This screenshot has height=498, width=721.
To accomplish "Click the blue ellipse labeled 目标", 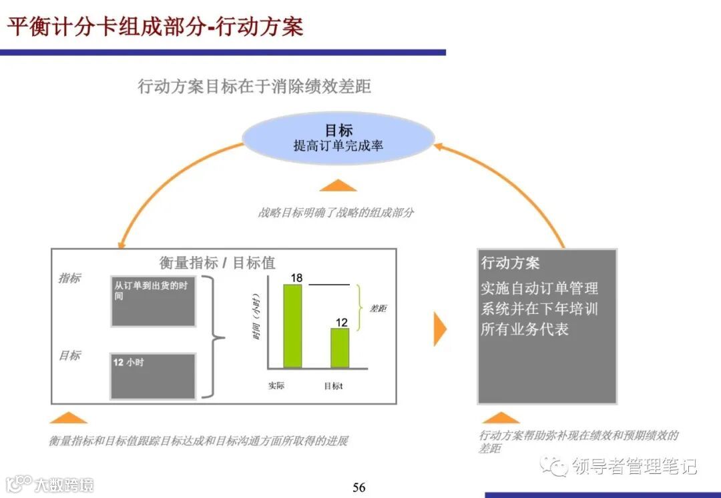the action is [x=338, y=138].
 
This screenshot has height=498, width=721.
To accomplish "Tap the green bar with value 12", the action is [x=340, y=347].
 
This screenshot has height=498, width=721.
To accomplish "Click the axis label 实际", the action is [x=276, y=386].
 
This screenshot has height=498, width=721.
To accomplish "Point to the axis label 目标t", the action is [x=333, y=386].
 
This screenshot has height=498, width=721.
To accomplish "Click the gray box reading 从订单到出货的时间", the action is [x=153, y=300].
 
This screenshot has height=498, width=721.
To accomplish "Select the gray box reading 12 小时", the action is [x=153, y=376].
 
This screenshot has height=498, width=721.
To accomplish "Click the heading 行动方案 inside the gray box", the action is [x=511, y=263].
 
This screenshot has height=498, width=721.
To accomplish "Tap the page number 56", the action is [x=359, y=487].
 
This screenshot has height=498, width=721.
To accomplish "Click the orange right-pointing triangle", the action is [x=439, y=328].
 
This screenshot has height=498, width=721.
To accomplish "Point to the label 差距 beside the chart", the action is [x=378, y=309].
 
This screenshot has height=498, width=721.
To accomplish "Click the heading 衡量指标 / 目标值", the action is [x=217, y=263].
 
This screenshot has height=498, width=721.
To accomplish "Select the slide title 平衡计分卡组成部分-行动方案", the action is [x=155, y=27].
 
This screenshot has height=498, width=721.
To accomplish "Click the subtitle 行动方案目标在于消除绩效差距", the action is [x=254, y=86].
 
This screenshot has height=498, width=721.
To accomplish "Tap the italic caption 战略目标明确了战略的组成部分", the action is [x=336, y=213].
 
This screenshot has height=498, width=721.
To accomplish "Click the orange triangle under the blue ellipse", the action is [x=338, y=185].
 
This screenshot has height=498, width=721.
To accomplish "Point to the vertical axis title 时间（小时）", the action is [x=256, y=316].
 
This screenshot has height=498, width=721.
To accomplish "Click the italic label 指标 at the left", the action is [x=69, y=278].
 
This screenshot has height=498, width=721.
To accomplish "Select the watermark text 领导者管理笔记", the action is [x=634, y=466].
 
